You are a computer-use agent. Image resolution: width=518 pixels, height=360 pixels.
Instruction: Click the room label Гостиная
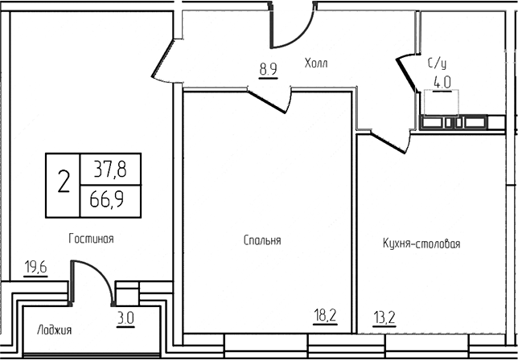90,239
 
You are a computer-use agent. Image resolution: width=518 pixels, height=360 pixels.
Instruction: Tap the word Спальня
261,240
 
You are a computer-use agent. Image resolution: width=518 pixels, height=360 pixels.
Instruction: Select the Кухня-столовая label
421,243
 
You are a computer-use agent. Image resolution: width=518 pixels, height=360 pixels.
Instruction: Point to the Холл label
317,62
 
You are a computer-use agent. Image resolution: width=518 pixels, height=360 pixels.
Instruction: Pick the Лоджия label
55,330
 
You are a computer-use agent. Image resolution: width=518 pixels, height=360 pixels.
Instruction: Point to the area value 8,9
268,69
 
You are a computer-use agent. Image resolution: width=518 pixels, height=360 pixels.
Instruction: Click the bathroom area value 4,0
442,81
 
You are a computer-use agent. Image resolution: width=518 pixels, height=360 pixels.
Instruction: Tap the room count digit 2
64,183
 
